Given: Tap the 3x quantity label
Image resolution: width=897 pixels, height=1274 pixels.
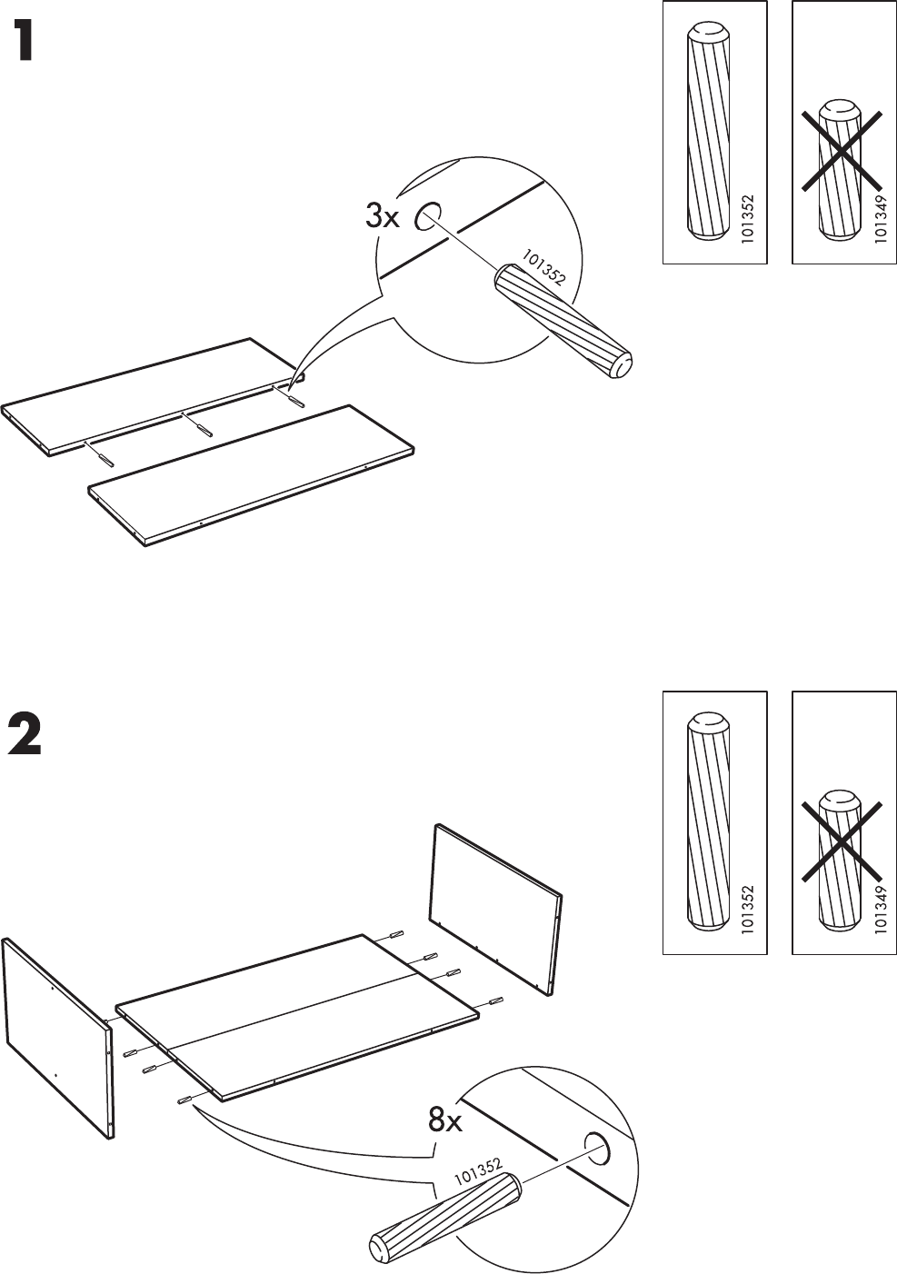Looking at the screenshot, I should coord(383,216).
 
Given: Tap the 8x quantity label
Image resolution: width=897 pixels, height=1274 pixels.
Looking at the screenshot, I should coord(445,1121).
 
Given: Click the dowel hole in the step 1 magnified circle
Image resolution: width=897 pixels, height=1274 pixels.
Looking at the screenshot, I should coord(426,215).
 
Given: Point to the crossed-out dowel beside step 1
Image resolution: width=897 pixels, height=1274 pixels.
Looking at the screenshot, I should coord(841,172).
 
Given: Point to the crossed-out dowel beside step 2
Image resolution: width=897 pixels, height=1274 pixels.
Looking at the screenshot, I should coord(841,861).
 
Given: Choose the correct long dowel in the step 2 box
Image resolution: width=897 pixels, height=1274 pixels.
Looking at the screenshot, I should coord(710,822).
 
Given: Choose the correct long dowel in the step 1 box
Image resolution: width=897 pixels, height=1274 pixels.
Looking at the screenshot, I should coord(710,132).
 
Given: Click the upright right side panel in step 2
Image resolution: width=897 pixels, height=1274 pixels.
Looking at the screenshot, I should coord(495,909).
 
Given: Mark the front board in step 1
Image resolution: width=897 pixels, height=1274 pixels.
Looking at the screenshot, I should coord(252,474).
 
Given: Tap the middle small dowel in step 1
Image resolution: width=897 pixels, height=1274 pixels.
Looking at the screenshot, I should coord(197,424).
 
